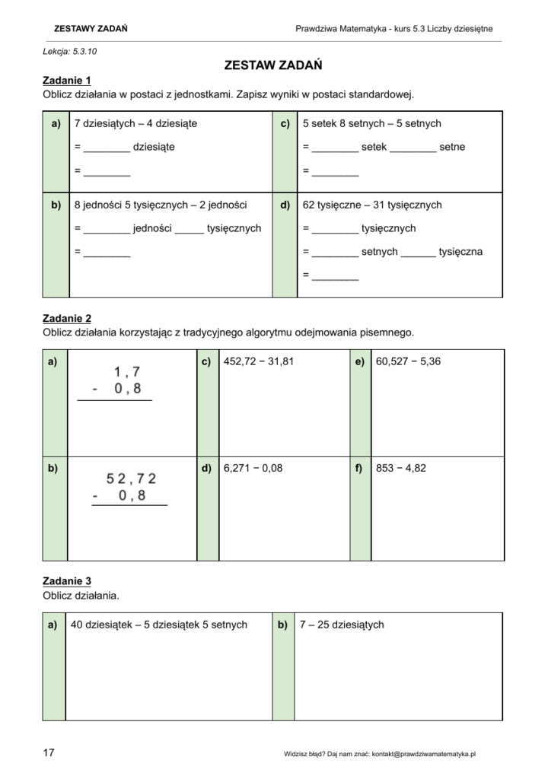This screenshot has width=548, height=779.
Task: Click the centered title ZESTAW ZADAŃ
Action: click(273, 65)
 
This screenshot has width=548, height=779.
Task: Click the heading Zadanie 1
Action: click(67, 81)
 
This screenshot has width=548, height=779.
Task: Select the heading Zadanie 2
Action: click(67, 319)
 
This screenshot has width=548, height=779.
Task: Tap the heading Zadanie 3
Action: click(67, 581)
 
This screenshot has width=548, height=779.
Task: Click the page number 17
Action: click(49, 753)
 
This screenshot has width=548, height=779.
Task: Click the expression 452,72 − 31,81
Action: click(259, 361)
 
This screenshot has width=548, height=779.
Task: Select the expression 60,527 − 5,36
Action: click(408, 361)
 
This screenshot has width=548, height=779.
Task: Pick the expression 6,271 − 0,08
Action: click(253, 468)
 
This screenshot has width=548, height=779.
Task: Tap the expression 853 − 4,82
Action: click(401, 468)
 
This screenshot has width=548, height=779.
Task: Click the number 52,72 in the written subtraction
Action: click(132, 479)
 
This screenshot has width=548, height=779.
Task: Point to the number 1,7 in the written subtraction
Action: click(127, 372)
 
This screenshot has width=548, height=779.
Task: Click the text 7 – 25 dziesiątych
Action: click(342, 625)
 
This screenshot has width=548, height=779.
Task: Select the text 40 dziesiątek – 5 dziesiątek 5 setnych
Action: click(159, 625)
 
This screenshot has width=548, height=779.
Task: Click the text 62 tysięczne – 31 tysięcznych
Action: click(372, 205)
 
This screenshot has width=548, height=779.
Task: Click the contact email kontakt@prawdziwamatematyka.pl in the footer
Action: click(424, 754)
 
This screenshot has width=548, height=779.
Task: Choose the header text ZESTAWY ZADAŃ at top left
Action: click(91, 29)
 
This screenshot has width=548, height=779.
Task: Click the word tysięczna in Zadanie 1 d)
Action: click(460, 251)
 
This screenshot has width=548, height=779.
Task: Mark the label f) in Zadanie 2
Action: click(358, 468)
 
